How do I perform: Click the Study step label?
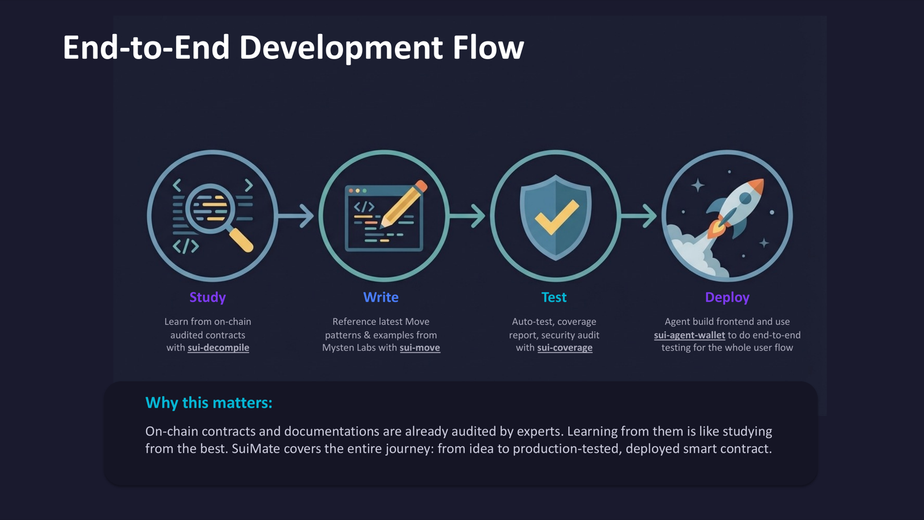pyautogui.click(x=207, y=297)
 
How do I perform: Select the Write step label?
pyautogui.click(x=381, y=297)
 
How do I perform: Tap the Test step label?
pyautogui.click(x=554, y=297)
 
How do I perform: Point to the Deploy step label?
pyautogui.click(x=727, y=297)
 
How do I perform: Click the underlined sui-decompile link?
pyautogui.click(x=218, y=348)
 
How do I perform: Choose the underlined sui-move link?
pyautogui.click(x=420, y=348)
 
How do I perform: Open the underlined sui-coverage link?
pyautogui.click(x=565, y=348)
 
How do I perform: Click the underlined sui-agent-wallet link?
pyautogui.click(x=689, y=335)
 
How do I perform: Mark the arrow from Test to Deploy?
pyautogui.click(x=639, y=216)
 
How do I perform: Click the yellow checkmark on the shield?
pyautogui.click(x=556, y=217)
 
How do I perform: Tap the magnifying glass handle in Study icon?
pyautogui.click(x=241, y=240)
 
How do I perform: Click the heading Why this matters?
pyautogui.click(x=208, y=403)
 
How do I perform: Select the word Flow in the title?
pyautogui.click(x=488, y=47)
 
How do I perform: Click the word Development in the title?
pyautogui.click(x=341, y=47)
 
